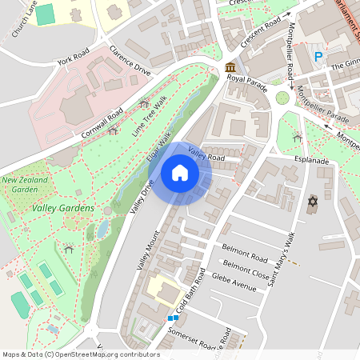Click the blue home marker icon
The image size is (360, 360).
(180, 173)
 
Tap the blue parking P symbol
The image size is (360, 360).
(318, 57)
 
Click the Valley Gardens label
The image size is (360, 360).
(63, 209)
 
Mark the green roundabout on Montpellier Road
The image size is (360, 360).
(282, 98)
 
